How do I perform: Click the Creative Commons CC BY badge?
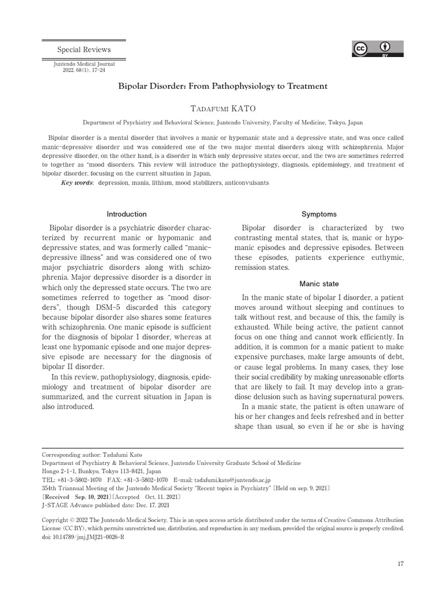tap(378, 49)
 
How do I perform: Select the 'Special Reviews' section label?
tap(85, 50)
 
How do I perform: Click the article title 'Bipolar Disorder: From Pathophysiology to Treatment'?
tap(223, 86)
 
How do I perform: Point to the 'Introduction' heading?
tap(127, 214)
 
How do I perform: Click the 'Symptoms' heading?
tap(319, 214)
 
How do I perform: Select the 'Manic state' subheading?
tap(319, 284)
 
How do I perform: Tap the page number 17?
tap(401, 563)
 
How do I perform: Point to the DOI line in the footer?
tap(83, 536)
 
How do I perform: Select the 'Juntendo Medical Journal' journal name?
tap(84, 64)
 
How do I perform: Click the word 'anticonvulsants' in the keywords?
tap(246, 183)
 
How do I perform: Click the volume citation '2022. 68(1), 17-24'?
tap(84, 70)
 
